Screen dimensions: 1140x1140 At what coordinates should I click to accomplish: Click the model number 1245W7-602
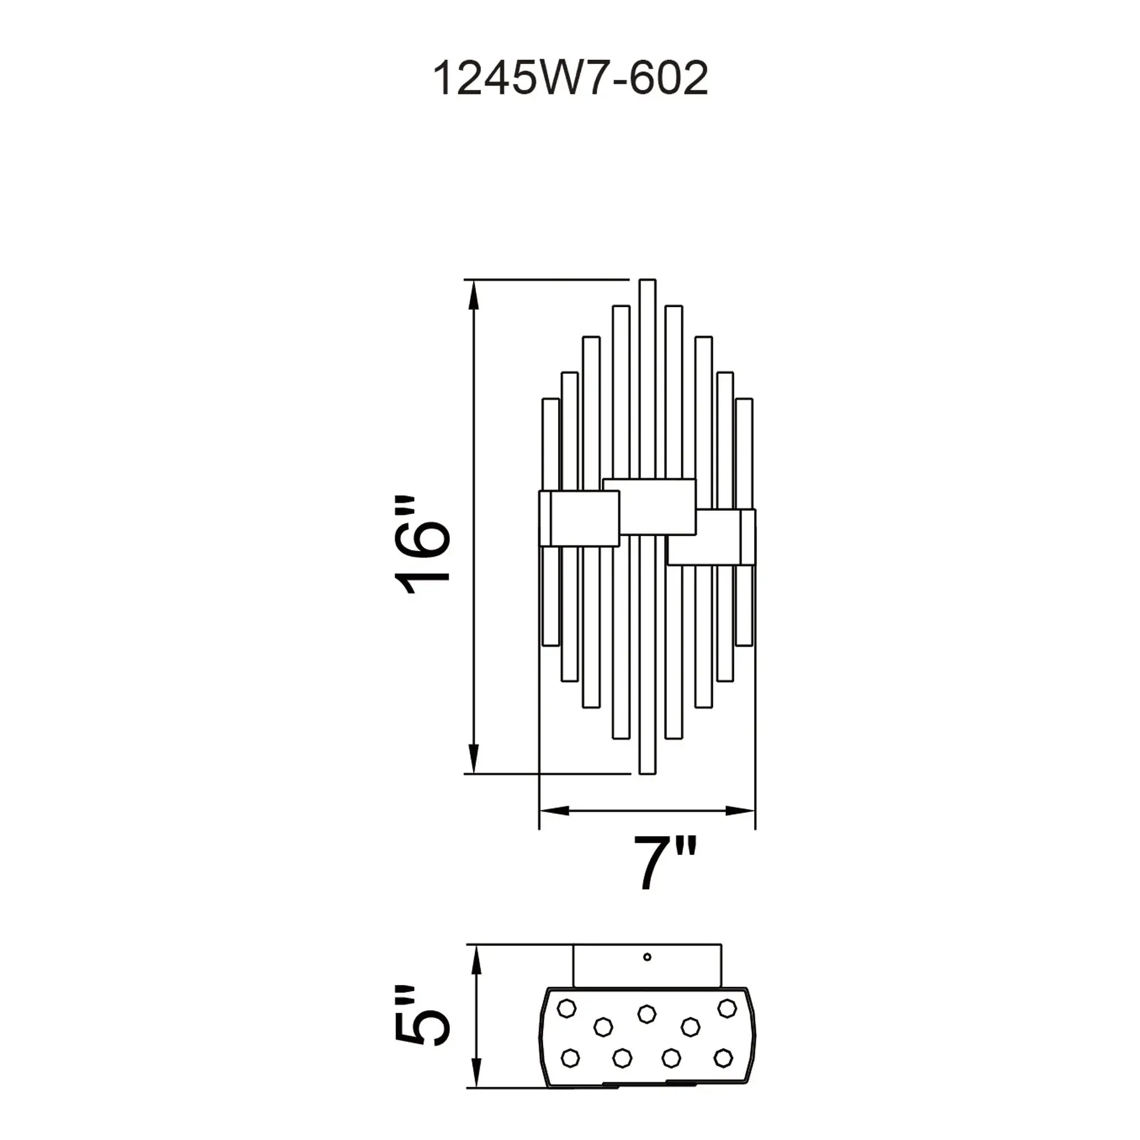(570, 79)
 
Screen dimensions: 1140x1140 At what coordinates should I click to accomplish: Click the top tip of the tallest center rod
(648, 280)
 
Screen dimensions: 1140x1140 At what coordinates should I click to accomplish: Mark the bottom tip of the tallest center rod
(648, 772)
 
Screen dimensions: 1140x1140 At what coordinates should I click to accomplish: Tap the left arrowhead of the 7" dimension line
(554, 811)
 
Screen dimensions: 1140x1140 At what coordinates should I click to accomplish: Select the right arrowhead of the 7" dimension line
(740, 811)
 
